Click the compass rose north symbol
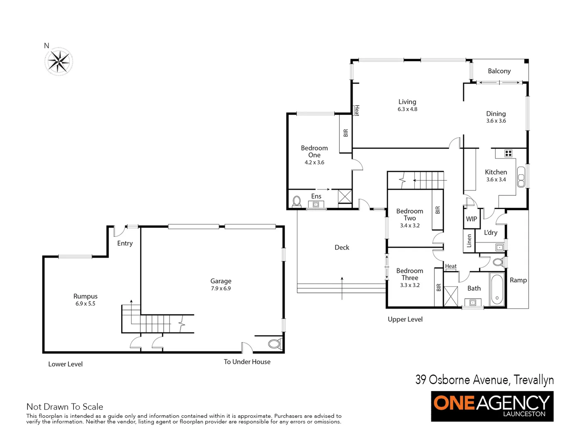tap(58, 61)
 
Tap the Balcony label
tap(499, 71)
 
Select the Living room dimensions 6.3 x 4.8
tap(407, 109)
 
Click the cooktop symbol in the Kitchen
tap(508, 153)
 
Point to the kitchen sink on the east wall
tap(521, 176)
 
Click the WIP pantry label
tap(471, 219)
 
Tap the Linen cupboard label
tap(469, 241)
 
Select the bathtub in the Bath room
tap(497, 289)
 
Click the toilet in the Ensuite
tap(297, 202)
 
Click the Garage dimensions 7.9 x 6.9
tap(221, 288)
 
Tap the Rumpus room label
tap(85, 296)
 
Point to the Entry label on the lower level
tap(125, 243)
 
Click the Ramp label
tap(518, 280)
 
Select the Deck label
tap(342, 248)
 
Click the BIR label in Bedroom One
tap(346, 133)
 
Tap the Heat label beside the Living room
tap(356, 110)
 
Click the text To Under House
tap(247, 362)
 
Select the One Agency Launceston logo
tap(492, 406)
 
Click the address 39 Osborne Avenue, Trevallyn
tap(484, 380)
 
